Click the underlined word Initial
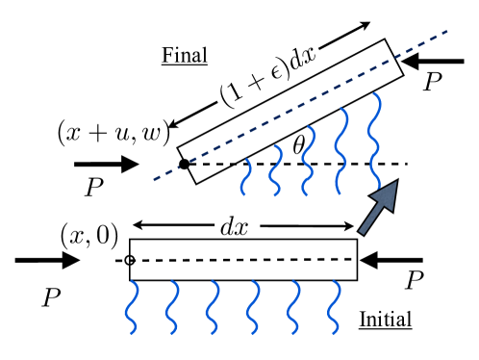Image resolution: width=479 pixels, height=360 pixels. [x=387, y=320]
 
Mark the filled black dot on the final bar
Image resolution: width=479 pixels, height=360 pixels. [x=184, y=165]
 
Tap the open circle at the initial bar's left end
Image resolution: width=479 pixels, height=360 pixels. [x=129, y=260]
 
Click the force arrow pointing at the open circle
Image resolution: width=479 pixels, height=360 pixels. [x=46, y=260]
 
